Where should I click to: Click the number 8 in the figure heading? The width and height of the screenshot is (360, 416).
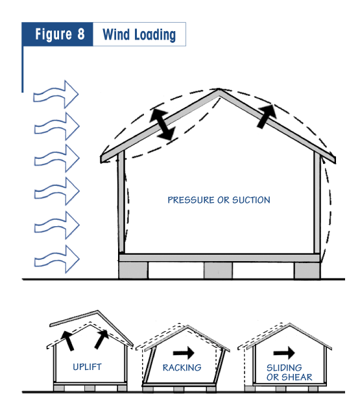(81, 34)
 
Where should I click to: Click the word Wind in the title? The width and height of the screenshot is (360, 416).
(116, 34)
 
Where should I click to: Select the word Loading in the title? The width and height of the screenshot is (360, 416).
(155, 35)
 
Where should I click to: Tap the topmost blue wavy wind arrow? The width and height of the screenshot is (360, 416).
(56, 95)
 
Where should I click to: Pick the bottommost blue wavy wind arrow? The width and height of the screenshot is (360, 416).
(57, 259)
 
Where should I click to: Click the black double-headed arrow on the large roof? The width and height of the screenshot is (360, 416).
(162, 124)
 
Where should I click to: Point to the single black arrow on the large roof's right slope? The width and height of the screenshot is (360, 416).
(267, 116)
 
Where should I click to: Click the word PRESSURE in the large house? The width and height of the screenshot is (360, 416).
(191, 200)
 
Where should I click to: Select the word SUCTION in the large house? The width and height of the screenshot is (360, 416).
(251, 200)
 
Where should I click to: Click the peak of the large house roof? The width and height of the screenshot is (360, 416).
(219, 89)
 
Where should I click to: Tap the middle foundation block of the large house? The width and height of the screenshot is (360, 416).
(218, 270)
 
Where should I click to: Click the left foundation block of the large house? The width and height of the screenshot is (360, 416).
(133, 270)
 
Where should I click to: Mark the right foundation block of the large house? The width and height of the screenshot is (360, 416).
(307, 271)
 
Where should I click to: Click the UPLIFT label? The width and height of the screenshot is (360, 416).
(87, 367)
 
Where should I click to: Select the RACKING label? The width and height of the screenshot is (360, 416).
(182, 367)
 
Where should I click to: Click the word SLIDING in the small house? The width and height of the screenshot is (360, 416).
(284, 367)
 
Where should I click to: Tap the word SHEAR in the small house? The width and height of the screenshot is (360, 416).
(297, 377)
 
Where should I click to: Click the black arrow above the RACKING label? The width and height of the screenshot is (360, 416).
(184, 353)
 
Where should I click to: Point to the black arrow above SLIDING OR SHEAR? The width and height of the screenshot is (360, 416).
(284, 353)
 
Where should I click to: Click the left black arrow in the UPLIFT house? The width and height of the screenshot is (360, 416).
(67, 341)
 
